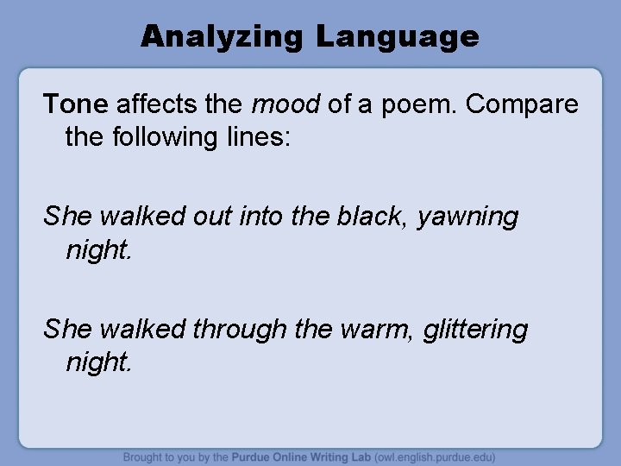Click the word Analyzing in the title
click(223, 37)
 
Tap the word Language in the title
click(397, 37)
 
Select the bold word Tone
click(76, 104)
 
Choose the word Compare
click(523, 104)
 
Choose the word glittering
click(475, 329)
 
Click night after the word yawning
click(99, 250)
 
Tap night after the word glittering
click(99, 362)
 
